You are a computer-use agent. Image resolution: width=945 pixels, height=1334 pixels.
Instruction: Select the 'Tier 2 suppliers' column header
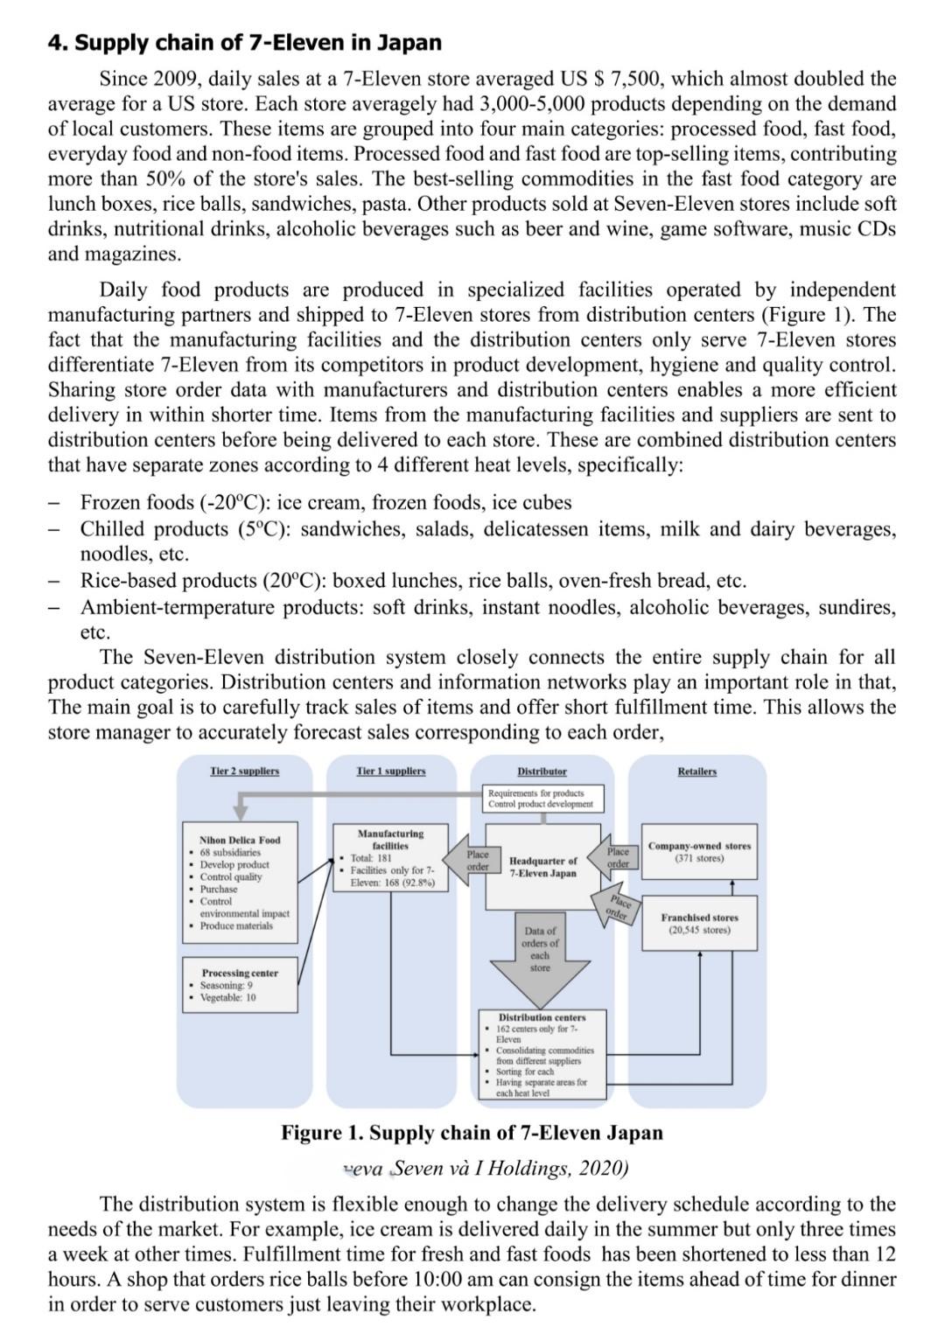[245, 771]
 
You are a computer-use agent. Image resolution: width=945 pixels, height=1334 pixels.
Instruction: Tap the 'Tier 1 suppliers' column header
[391, 771]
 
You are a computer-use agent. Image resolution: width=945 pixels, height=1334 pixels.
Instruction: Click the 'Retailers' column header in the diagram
[696, 771]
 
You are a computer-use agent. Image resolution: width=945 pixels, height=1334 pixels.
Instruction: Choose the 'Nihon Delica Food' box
[241, 881]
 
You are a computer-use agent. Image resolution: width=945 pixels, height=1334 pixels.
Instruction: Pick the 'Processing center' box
[241, 984]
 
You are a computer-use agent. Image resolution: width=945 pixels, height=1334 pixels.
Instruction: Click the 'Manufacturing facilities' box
[390, 857]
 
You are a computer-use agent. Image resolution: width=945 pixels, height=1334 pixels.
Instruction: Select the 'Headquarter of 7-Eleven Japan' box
[542, 866]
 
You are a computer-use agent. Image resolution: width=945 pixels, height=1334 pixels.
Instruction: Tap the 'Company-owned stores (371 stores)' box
[699, 851]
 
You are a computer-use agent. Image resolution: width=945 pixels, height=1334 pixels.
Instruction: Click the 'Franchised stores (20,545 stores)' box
[699, 923]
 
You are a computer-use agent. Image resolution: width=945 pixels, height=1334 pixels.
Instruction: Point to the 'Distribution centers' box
[542, 1054]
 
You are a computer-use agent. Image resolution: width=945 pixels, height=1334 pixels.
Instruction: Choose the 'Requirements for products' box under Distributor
[542, 798]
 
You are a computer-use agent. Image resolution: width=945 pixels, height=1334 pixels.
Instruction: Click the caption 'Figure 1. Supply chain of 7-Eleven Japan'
[472, 1133]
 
